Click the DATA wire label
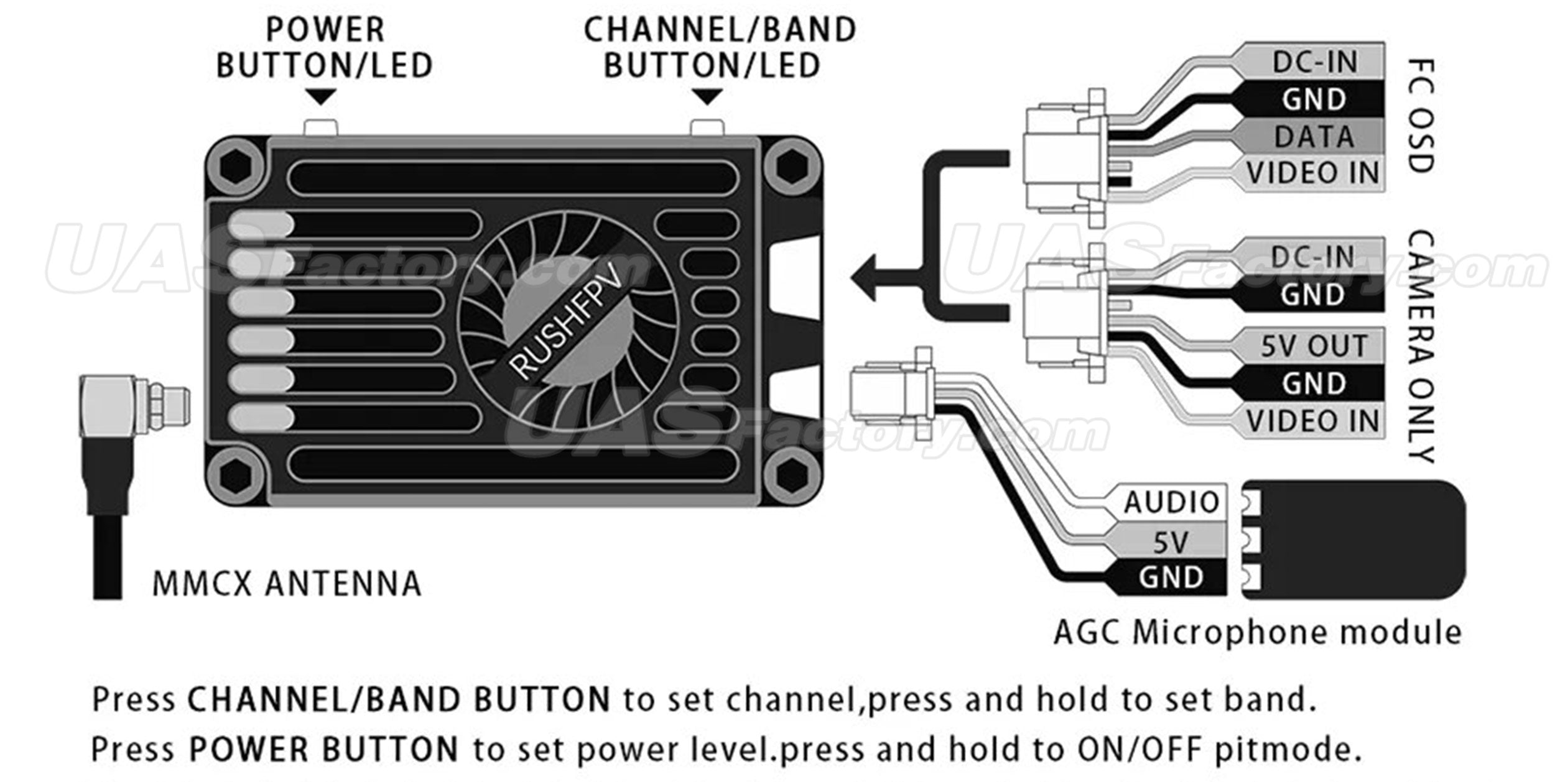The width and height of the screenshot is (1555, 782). point(1313,137)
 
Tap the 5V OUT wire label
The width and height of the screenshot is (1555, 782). point(1313,346)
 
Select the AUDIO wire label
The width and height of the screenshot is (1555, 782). point(1171,502)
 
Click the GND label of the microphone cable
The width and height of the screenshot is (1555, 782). point(1171,577)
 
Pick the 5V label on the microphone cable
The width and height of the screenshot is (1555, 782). point(1171,542)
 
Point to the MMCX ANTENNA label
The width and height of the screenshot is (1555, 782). point(287,584)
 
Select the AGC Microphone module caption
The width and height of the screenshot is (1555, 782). point(1257,633)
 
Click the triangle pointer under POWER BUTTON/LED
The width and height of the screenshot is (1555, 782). point(322,97)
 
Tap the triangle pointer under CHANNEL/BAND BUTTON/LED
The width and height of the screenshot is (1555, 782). point(707,97)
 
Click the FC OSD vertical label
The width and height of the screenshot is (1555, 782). point(1421,116)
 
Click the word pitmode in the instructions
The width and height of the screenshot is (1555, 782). point(1286,749)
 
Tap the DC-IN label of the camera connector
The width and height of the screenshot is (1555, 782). point(1313,257)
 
